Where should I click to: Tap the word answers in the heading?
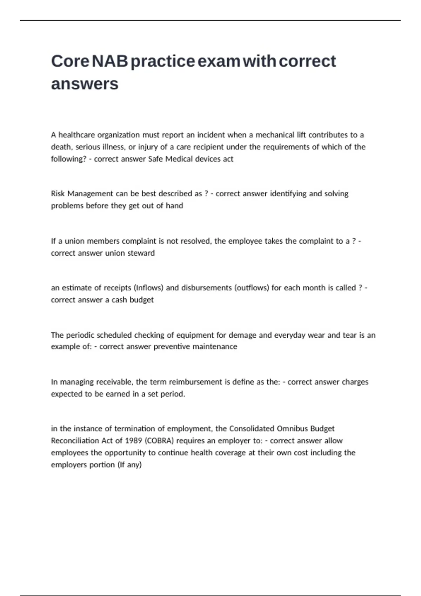85,84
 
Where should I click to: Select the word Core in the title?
70,61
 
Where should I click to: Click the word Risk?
58,194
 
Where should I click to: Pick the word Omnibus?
292,429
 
